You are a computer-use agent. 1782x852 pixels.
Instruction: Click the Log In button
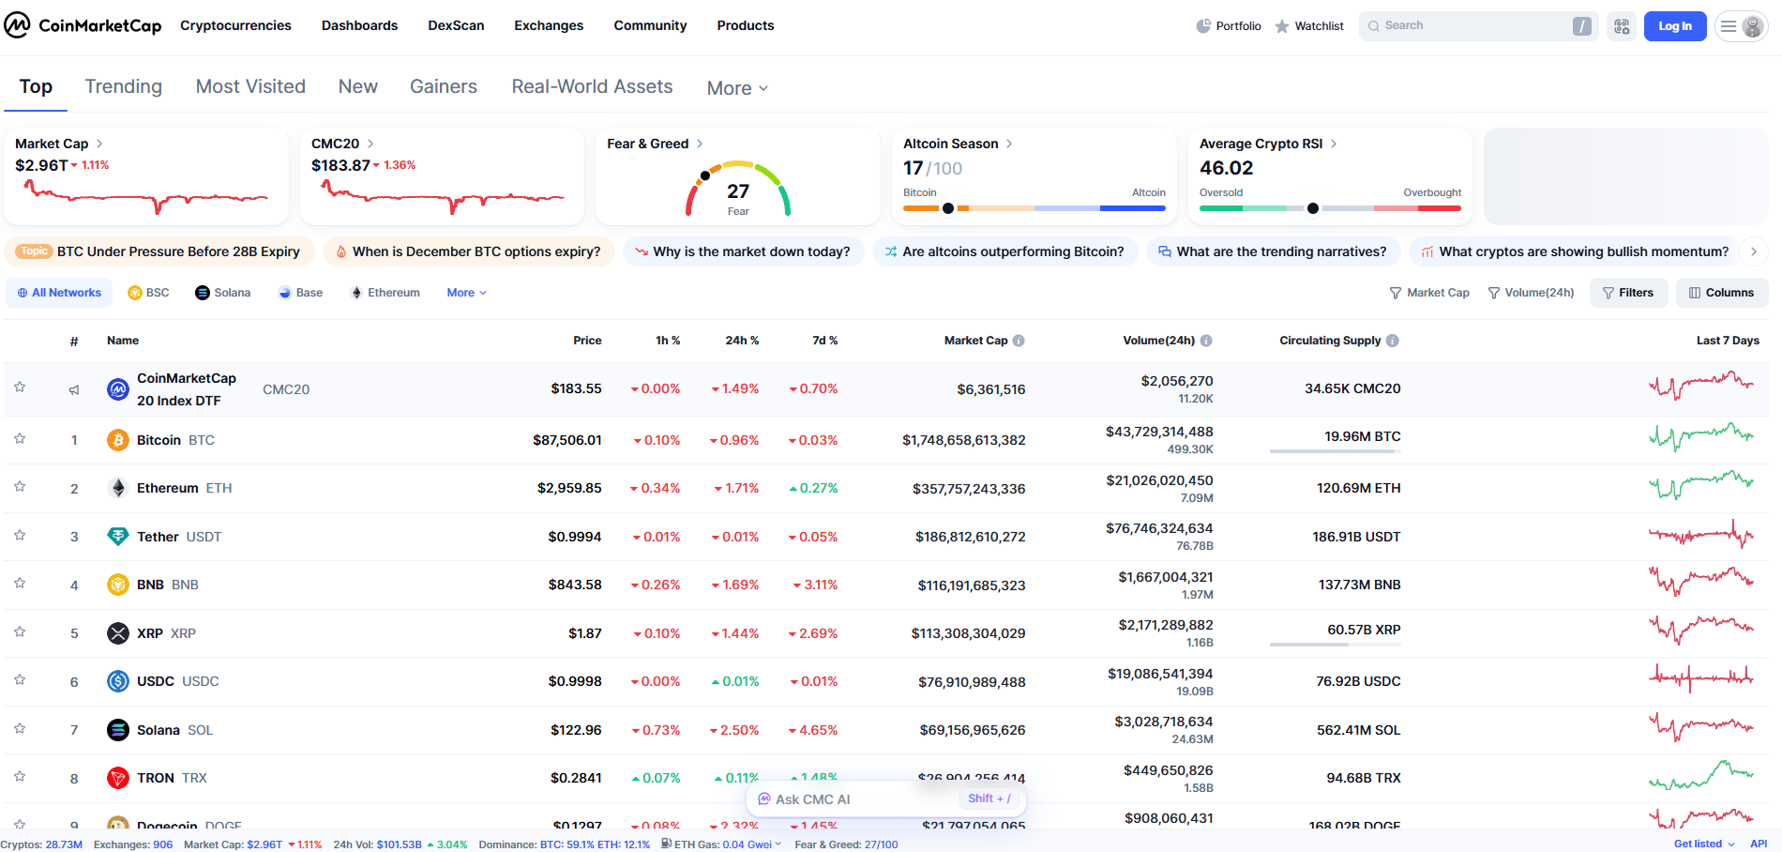coord(1674,26)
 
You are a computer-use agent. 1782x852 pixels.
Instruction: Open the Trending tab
coord(123,86)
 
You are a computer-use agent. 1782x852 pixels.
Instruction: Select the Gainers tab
coord(443,86)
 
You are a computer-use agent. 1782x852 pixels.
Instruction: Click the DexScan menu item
coord(456,25)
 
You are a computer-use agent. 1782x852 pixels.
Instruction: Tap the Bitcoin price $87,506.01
coord(566,440)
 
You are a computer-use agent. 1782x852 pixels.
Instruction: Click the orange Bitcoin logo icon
coord(118,440)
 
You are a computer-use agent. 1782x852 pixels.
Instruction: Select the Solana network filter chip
coord(223,293)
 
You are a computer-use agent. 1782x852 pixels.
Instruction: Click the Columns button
coord(1721,293)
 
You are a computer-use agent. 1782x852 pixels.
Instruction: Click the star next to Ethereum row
coord(20,486)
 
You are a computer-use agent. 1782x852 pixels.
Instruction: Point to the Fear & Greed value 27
coord(738,191)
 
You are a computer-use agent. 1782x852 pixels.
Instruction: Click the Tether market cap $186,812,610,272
coord(970,537)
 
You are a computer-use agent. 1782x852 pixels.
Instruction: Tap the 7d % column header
coord(824,341)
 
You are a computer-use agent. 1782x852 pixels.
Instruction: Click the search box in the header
coord(1468,26)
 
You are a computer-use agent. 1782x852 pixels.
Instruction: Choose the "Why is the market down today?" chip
coord(743,251)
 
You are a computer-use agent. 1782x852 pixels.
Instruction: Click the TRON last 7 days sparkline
coord(1700,776)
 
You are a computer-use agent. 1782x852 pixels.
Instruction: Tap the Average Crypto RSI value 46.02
coord(1226,168)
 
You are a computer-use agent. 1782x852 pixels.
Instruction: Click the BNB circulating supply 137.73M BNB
coord(1359,585)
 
